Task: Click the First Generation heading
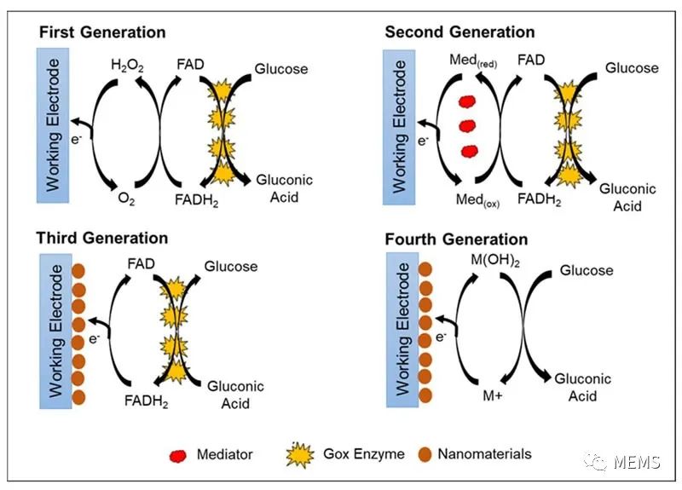tap(102, 32)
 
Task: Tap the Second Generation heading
tap(459, 32)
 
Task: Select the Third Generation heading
tap(101, 238)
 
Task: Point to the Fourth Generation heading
tap(456, 239)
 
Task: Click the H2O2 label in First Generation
tap(127, 66)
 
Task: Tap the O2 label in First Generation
tap(126, 199)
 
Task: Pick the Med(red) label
tap(473, 61)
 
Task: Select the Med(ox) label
tap(477, 200)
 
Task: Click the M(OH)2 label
tap(495, 261)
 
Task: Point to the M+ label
tap(493, 395)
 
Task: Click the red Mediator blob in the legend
tap(178, 456)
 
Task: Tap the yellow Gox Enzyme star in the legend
tap(300, 455)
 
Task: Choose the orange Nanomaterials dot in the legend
tap(425, 454)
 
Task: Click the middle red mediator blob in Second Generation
tap(467, 126)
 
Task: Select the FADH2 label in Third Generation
tap(146, 401)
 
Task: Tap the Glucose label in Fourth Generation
tap(587, 270)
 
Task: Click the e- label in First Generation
tap(76, 140)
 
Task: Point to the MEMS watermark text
tap(637, 462)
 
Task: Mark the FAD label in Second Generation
tap(531, 60)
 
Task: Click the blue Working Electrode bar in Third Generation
tap(55, 331)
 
